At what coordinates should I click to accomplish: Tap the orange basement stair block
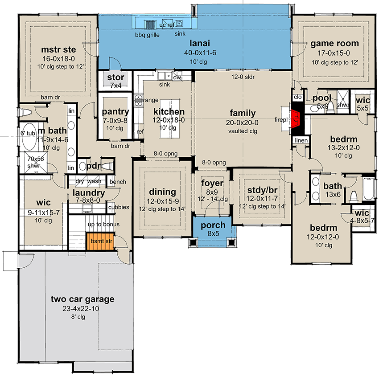pos(101,241)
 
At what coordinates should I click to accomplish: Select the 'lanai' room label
pos(200,43)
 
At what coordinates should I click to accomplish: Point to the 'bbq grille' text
pos(147,35)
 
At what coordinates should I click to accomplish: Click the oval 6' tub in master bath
pos(29,137)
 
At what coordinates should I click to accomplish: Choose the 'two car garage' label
pos(82,299)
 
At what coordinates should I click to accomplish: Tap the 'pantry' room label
pos(115,112)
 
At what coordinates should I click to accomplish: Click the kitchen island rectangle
pos(169,119)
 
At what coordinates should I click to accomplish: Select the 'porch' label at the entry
pos(213,225)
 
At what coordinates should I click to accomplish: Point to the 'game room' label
pos(334,44)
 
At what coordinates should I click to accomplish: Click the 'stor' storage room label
pos(115,77)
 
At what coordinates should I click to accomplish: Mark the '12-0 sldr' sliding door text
pos(243,77)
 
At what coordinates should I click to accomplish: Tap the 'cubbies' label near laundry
pos(119,207)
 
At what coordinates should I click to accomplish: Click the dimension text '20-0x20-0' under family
pos(242,123)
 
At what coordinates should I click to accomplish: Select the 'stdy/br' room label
pos(262,190)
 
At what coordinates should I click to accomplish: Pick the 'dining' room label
pos(162,192)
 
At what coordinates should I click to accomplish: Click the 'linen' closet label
pos(301,140)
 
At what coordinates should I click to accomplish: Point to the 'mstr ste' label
pos(58,49)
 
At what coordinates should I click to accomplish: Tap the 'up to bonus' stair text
pos(104,225)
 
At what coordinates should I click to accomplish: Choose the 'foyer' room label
pos(212,183)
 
